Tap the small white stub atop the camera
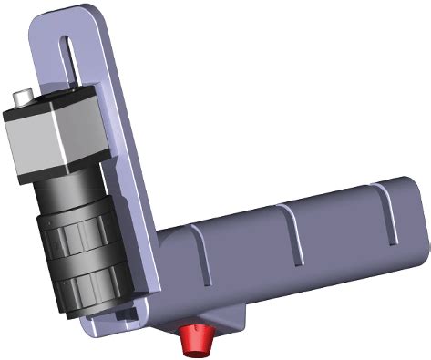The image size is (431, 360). point(24,94)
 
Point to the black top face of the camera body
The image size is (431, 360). point(50,102)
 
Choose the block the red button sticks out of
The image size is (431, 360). point(205,314)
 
